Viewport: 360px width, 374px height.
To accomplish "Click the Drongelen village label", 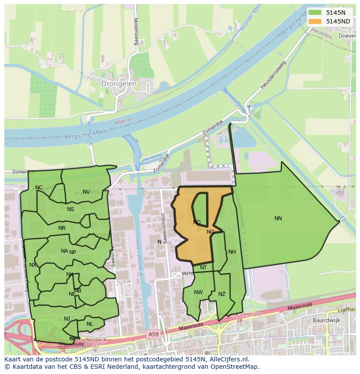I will [x=119, y=83].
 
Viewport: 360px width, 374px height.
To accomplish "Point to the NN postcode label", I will [x=278, y=218].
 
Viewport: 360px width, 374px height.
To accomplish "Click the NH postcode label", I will [x=232, y=252].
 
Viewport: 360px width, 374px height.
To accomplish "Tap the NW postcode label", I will [x=198, y=292].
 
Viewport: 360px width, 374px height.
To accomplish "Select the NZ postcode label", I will [x=222, y=294].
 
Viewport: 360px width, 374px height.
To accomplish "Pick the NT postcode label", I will [x=203, y=268].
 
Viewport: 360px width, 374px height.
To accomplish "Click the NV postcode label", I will [x=86, y=192].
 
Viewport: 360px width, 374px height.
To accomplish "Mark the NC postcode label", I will [x=39, y=188].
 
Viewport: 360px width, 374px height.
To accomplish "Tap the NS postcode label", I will [x=70, y=209].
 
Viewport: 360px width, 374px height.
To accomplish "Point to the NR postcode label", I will [x=62, y=228].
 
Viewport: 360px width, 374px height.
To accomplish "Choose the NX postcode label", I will [x=33, y=265].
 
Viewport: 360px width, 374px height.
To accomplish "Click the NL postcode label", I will [x=90, y=324].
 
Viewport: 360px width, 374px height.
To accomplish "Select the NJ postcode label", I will [x=67, y=319].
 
